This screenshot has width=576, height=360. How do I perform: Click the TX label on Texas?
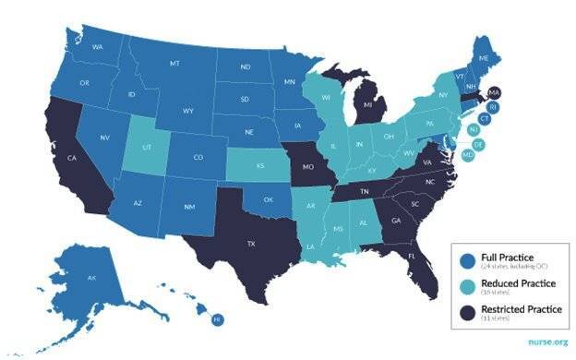pyautogui.click(x=251, y=246)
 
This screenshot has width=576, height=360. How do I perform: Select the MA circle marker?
pyautogui.click(x=493, y=94)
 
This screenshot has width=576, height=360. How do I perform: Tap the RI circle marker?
pyautogui.click(x=492, y=107)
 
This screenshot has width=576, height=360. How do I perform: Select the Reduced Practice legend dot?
pyautogui.click(x=465, y=284)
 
